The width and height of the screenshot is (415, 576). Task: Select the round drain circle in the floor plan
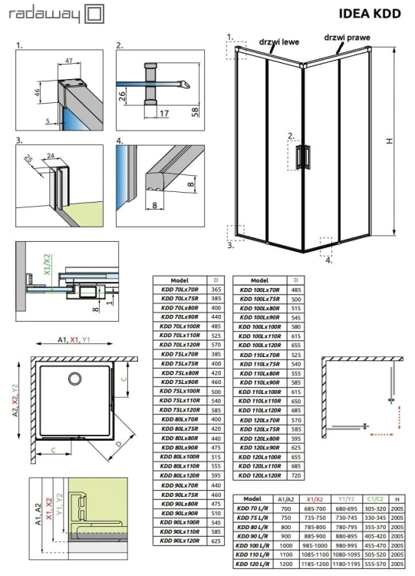tap(75, 379)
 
